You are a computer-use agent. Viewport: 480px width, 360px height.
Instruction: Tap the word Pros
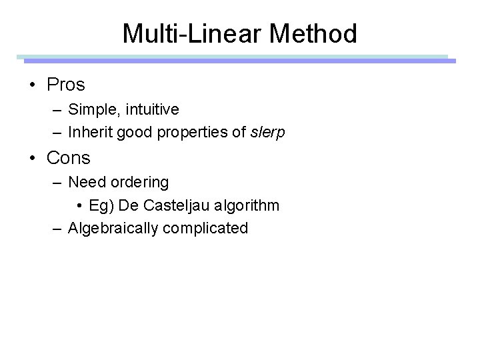tap(66, 85)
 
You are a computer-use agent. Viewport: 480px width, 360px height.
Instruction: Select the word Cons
tap(69, 158)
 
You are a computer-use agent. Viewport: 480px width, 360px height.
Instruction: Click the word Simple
tap(88, 109)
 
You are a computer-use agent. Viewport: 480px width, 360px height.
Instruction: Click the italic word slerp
tap(267, 132)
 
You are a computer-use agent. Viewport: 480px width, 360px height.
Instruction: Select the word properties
tap(191, 132)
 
